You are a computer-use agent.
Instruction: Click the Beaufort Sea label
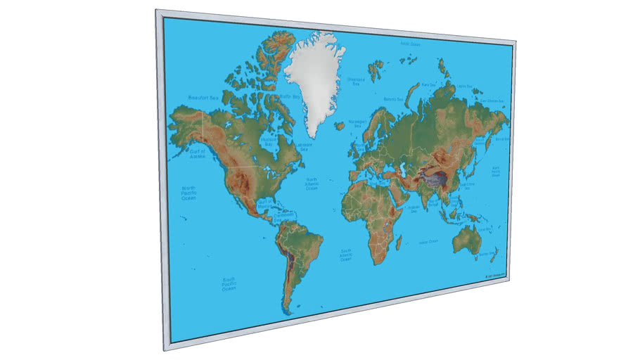click(202, 97)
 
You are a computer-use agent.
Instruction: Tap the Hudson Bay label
click(267, 141)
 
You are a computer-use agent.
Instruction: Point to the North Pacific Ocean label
click(188, 192)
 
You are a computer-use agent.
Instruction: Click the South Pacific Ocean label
click(229, 283)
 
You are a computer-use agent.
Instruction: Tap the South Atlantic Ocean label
click(346, 254)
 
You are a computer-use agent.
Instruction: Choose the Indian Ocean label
click(428, 242)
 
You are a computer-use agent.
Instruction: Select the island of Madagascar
click(399, 243)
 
